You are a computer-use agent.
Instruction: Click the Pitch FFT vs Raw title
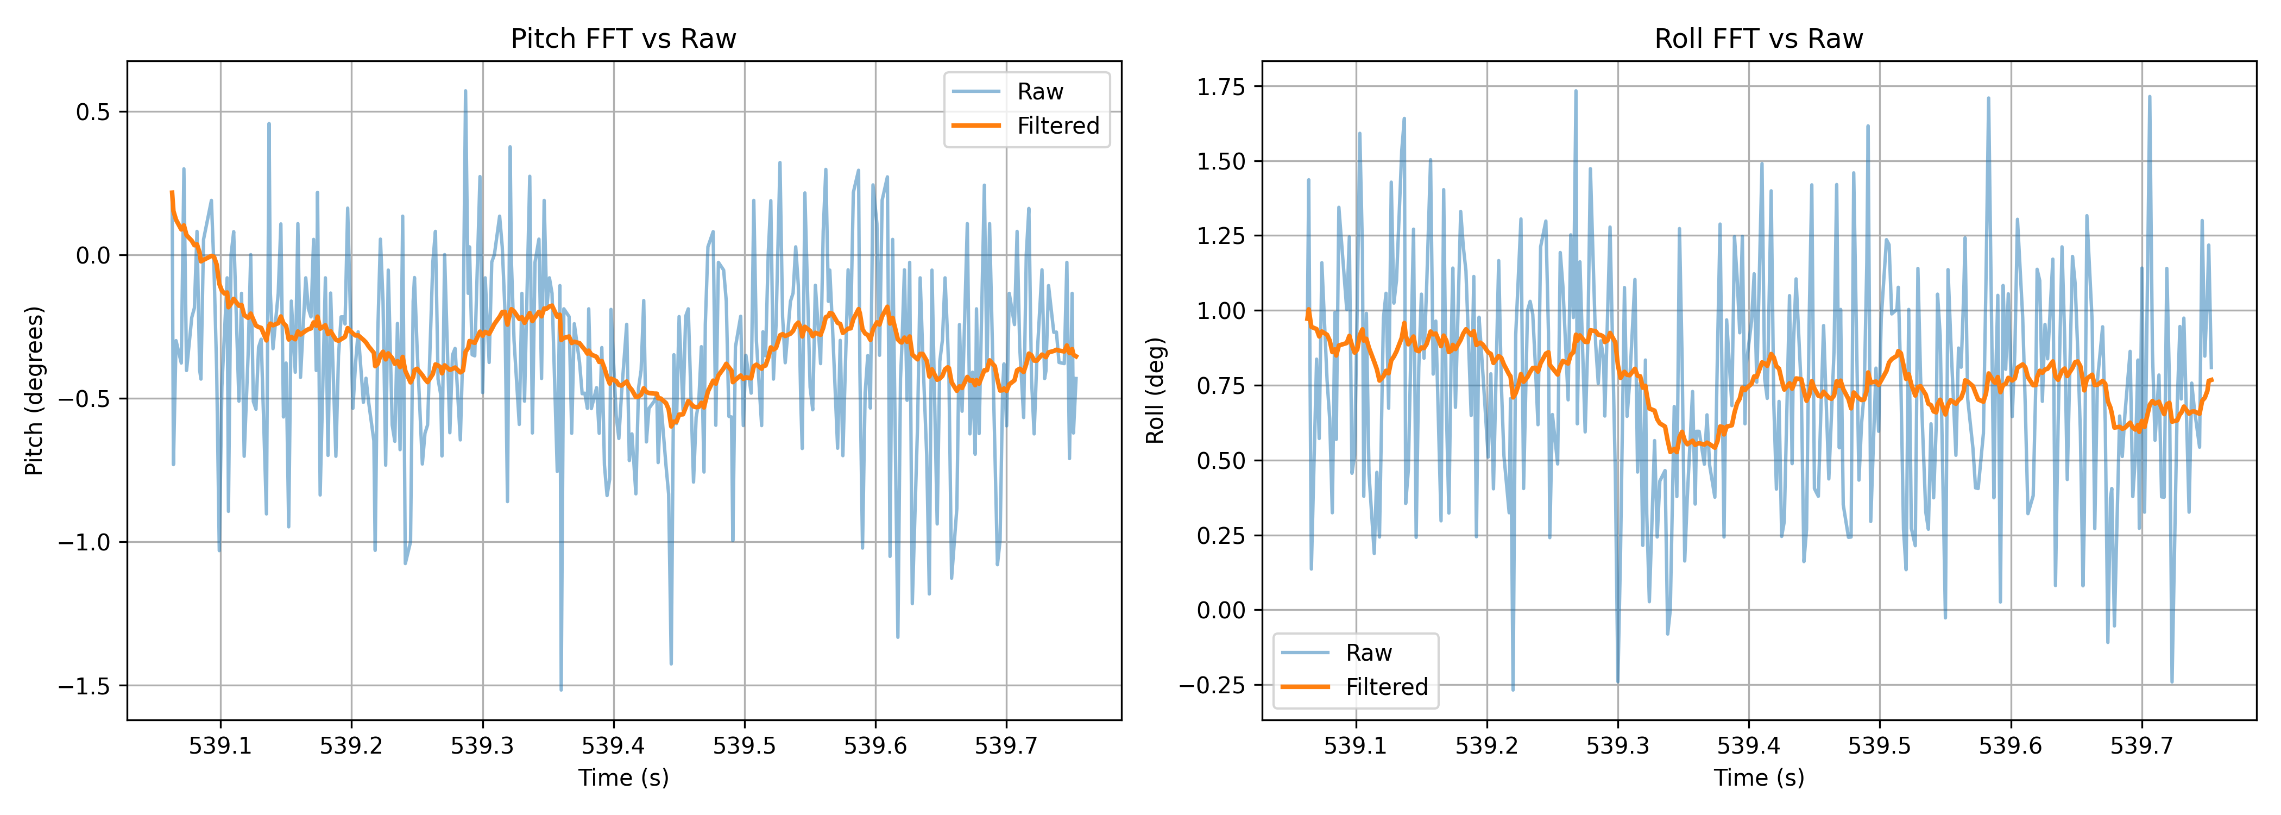coord(623,39)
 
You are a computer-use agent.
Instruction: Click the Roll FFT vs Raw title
coord(1759,39)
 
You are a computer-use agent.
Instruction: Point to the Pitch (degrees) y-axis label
coord(34,391)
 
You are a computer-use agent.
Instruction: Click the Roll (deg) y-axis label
coord(1155,391)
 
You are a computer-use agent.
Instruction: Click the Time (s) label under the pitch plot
coord(623,778)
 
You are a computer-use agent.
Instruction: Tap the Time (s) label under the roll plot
coord(1759,778)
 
